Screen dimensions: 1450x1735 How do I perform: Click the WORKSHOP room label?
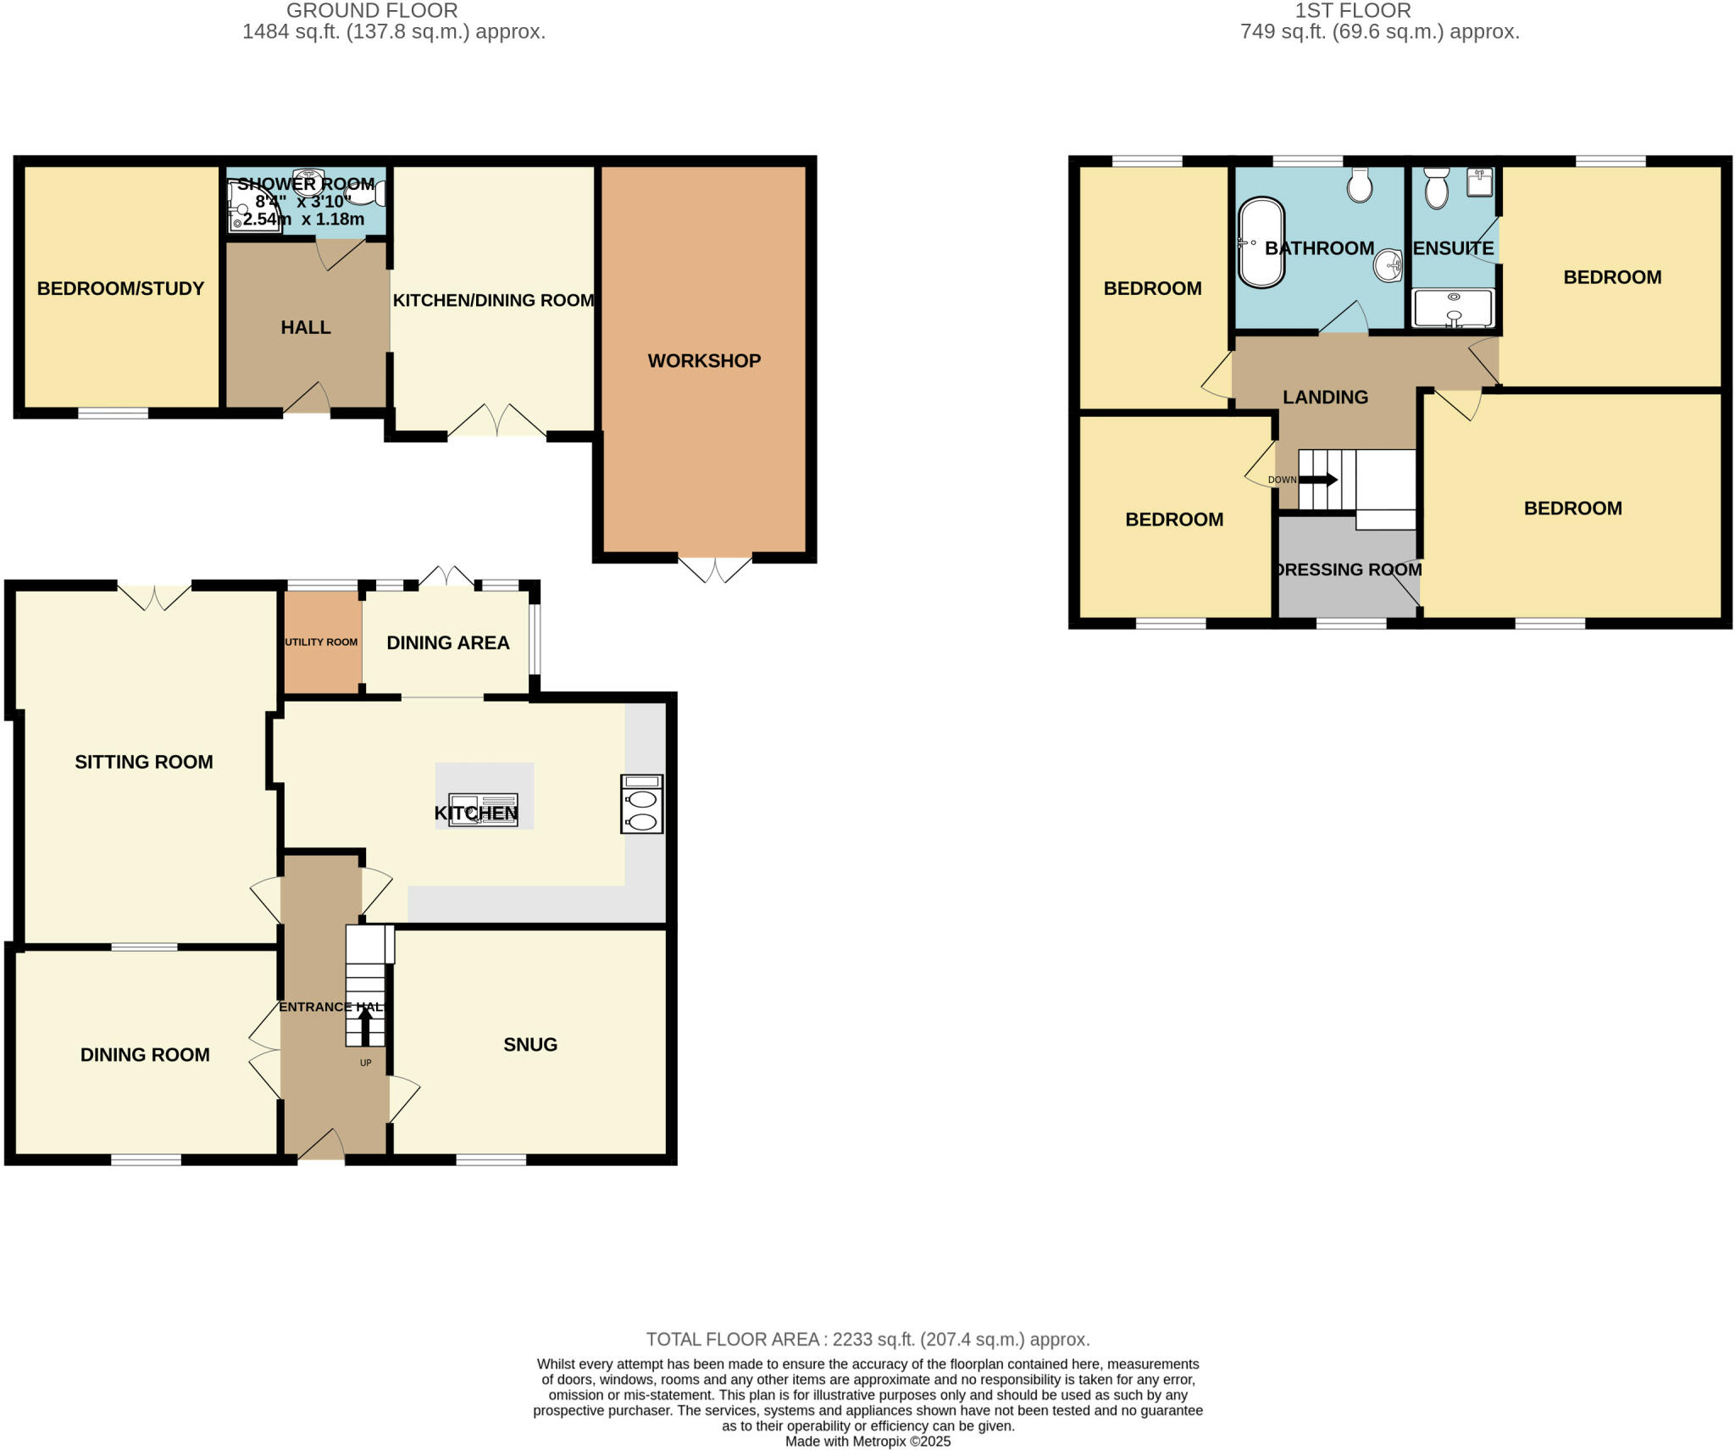[704, 361]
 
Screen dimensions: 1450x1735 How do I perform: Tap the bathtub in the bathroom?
[1261, 243]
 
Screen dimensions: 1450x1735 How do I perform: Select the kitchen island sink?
[483, 809]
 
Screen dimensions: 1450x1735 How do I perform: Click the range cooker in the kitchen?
[641, 803]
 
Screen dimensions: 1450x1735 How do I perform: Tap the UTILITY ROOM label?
[321, 642]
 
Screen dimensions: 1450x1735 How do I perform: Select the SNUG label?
[530, 1045]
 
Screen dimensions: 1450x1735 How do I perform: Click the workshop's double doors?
[714, 569]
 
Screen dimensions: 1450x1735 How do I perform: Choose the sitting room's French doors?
[153, 597]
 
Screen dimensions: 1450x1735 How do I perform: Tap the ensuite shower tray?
[1453, 308]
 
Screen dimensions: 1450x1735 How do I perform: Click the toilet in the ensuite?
[1436, 188]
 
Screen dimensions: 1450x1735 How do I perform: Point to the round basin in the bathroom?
[1388, 265]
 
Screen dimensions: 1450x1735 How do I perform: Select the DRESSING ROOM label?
[1349, 569]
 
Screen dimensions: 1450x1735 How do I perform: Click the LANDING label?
[1325, 397]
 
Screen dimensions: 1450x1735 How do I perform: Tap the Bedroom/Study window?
[113, 414]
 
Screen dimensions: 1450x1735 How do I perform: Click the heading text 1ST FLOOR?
[1352, 11]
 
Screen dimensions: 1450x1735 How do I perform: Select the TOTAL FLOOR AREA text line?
[867, 1339]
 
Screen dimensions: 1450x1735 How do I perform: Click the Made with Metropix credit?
[867, 1442]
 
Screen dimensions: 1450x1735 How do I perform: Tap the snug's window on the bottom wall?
[491, 1160]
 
